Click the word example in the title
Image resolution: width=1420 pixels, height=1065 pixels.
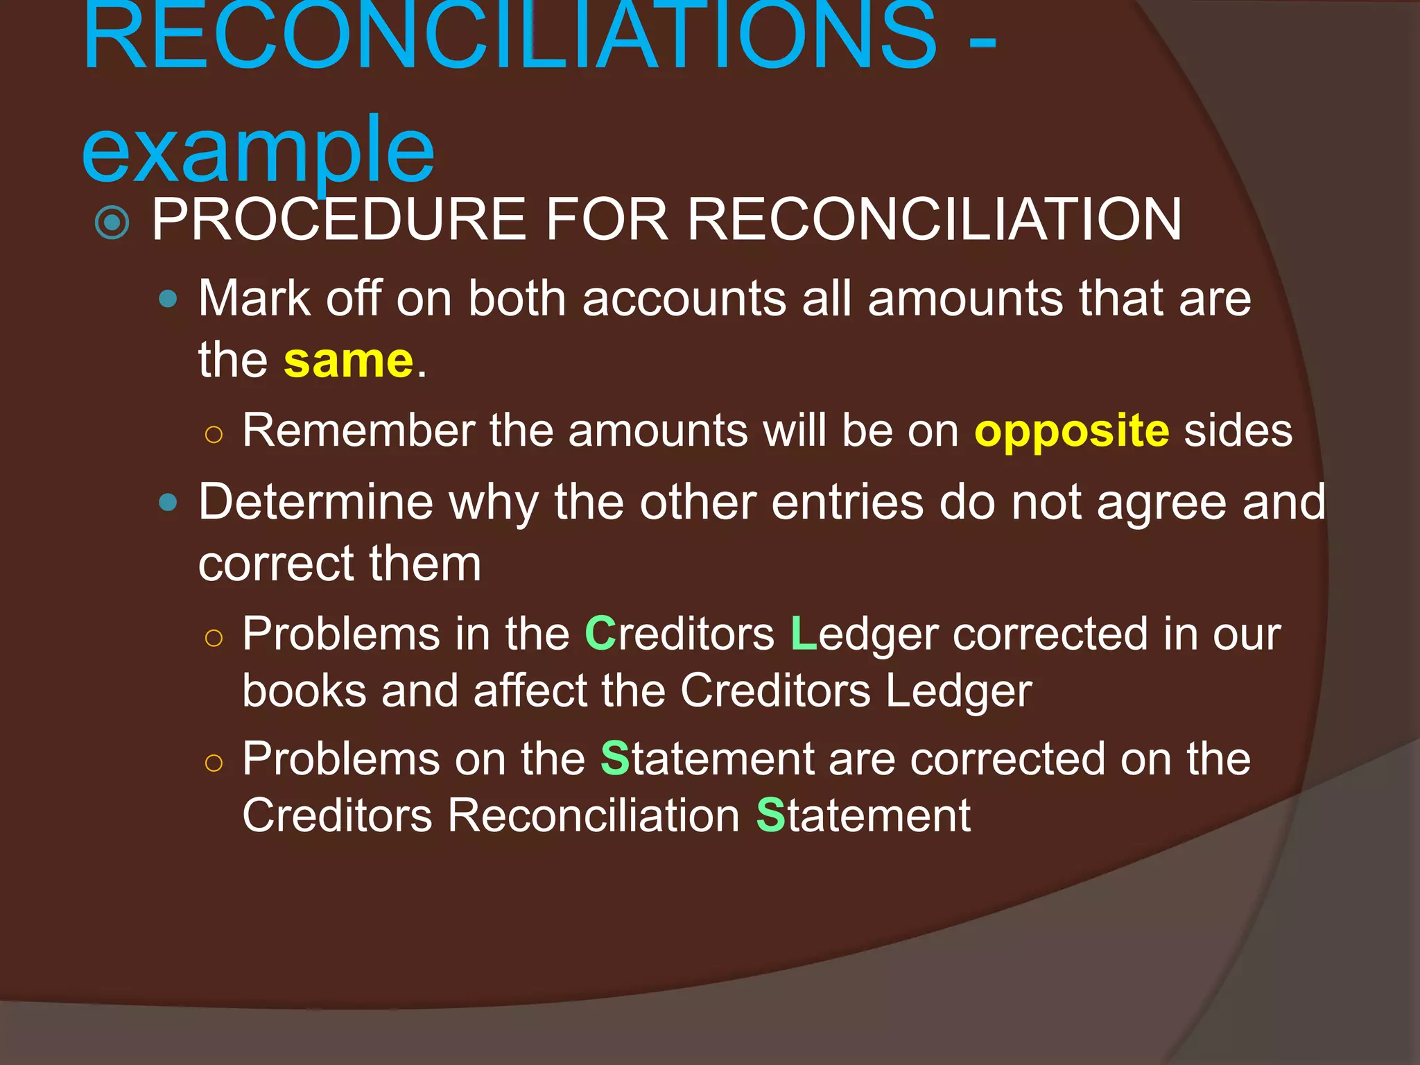[x=257, y=150]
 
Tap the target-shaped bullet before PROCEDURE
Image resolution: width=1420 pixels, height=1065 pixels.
[x=112, y=223]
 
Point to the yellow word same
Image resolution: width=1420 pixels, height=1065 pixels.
[x=348, y=361]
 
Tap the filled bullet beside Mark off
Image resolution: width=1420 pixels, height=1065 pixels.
[x=168, y=300]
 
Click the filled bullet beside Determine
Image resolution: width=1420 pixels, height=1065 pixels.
[x=168, y=502]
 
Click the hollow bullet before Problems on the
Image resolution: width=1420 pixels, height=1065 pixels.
[x=214, y=763]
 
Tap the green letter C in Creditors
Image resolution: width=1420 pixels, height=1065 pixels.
[x=600, y=634]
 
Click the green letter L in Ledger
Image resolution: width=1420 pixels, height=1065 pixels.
[x=803, y=634]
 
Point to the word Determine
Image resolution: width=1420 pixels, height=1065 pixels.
[x=315, y=502]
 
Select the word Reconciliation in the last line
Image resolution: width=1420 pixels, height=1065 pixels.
[x=594, y=815]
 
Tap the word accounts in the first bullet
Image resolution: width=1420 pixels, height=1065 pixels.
[x=683, y=300]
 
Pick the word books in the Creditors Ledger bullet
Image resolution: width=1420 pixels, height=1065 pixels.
[x=304, y=691]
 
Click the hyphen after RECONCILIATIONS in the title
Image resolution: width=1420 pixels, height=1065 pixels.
[x=981, y=45]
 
